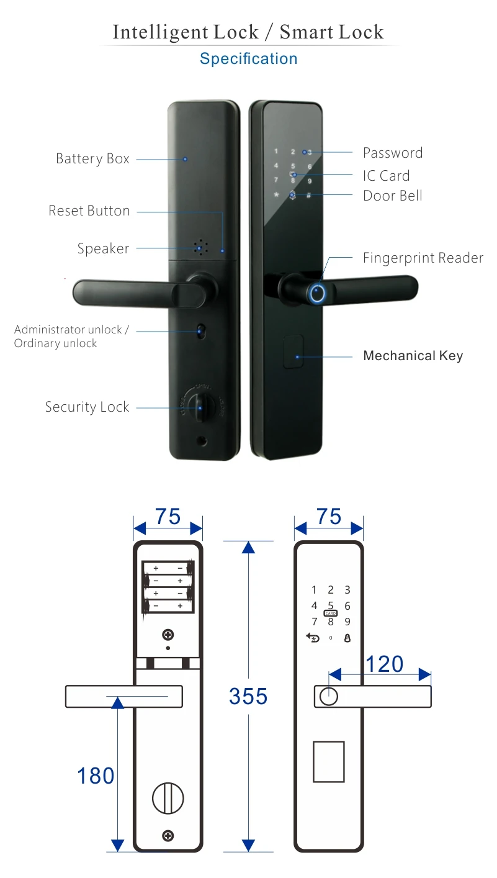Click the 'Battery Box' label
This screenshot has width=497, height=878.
[x=92, y=159]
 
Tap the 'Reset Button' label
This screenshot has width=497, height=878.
[x=89, y=211]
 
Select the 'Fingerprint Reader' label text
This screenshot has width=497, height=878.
[x=423, y=258]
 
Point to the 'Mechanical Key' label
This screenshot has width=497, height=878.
[x=413, y=356]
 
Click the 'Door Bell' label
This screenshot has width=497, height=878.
[x=392, y=196]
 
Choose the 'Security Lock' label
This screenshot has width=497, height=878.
[x=87, y=407]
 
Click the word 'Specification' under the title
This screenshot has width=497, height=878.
[x=248, y=59]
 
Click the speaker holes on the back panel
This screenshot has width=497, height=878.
[x=200, y=248]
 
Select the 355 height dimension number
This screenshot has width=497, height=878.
[x=248, y=696]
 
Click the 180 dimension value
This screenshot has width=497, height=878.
[x=96, y=776]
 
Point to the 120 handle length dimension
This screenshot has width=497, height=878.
[x=384, y=664]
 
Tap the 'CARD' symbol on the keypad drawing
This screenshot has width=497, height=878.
[x=331, y=613]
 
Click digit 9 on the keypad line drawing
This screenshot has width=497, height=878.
[x=347, y=622]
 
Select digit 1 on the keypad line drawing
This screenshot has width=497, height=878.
[x=314, y=590]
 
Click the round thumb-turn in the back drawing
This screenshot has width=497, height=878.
[x=168, y=797]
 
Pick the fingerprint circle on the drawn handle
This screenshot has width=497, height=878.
[x=328, y=697]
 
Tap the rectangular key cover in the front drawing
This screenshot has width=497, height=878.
[x=328, y=761]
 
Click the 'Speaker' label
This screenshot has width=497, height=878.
[x=103, y=249]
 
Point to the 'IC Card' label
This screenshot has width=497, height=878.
[x=386, y=176]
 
